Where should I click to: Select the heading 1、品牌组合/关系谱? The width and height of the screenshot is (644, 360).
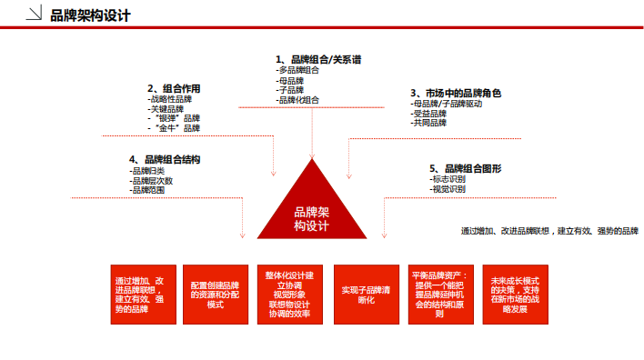coord(318,59)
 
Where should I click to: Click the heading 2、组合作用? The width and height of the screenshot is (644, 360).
coord(174,88)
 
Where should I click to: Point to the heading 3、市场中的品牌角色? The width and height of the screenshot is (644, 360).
coord(455,93)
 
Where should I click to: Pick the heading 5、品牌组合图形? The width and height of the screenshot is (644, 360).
coord(465,168)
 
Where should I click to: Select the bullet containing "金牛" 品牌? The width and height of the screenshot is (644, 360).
coord(174,128)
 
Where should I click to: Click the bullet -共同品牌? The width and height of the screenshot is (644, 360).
coord(429,123)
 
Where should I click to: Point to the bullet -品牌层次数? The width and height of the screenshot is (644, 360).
coord(151,180)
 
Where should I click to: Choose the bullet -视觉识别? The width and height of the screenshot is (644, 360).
coord(448,189)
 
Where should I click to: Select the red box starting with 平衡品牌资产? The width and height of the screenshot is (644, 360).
coord(440,294)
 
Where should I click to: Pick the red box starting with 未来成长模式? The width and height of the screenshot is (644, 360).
coord(515,294)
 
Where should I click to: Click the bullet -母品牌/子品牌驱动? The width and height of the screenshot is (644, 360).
coord(447,104)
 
